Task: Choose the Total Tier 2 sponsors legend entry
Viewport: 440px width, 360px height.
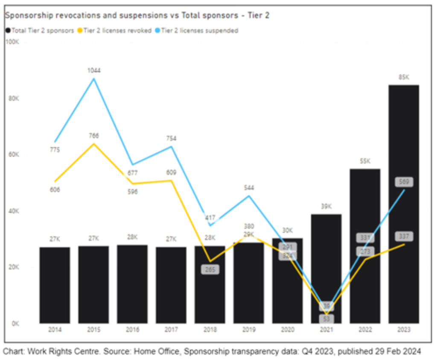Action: [x=40, y=30]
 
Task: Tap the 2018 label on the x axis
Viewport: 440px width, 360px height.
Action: [x=210, y=330]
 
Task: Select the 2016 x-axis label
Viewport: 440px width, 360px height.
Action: [x=132, y=330]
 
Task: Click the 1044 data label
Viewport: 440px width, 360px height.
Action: [x=94, y=70]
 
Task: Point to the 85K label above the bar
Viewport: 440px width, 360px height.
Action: [x=403, y=78]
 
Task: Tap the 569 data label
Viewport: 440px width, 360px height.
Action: [x=404, y=182]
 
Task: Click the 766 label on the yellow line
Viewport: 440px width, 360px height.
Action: [x=94, y=136]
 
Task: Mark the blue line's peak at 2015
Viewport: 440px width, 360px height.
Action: [x=94, y=79]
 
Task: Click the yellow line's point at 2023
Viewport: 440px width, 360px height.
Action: [x=404, y=244]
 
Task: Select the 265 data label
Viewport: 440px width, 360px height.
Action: [x=210, y=269]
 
